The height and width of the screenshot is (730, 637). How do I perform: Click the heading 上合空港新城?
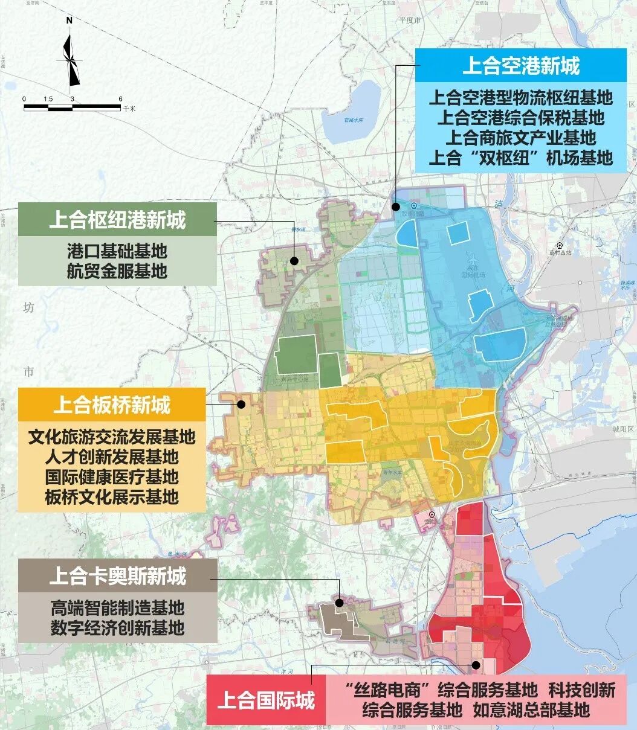(x=520, y=66)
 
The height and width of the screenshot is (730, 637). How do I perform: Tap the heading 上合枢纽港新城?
(x=117, y=220)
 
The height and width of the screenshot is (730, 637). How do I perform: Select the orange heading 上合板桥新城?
(x=112, y=405)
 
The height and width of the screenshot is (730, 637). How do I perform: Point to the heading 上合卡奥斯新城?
(x=117, y=577)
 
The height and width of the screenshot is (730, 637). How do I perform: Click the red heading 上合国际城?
(x=265, y=700)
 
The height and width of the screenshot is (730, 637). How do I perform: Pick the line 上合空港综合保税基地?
(x=520, y=117)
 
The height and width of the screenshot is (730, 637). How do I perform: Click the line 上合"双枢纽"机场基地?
(x=520, y=158)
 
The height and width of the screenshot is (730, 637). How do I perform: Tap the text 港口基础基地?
(x=117, y=250)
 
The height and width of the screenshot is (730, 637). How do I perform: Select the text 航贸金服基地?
(x=117, y=271)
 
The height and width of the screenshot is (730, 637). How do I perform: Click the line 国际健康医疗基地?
(x=112, y=476)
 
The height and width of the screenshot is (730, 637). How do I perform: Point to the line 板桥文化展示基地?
(x=112, y=497)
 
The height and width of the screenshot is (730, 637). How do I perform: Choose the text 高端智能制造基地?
(x=117, y=607)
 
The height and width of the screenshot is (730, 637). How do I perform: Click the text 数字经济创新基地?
(x=117, y=628)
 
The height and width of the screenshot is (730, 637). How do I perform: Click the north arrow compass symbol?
(x=71, y=60)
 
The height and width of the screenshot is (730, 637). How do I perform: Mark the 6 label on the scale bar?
(x=120, y=99)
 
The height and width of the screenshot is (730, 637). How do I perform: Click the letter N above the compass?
(x=70, y=20)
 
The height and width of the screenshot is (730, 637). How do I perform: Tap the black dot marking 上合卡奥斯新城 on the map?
(x=340, y=602)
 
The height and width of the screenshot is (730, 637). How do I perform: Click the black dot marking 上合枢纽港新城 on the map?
(x=294, y=261)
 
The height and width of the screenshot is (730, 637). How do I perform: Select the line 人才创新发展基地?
(x=112, y=456)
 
